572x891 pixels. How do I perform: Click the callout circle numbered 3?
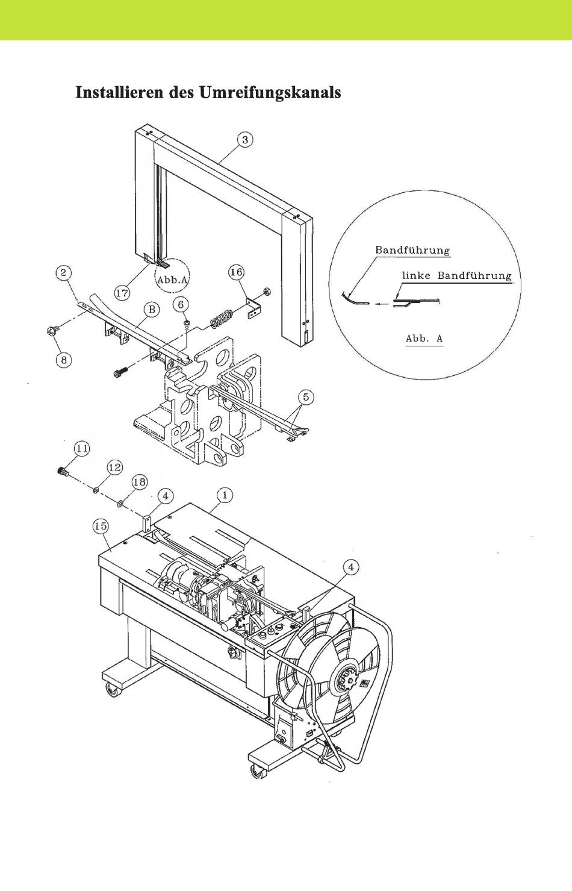tap(245, 140)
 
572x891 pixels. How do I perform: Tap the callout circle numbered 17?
tap(122, 293)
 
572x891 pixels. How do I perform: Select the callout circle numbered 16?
tap(236, 272)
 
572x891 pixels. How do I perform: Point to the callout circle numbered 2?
tap(63, 274)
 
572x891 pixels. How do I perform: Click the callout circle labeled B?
tap(152, 310)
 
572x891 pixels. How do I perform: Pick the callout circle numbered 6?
tap(181, 305)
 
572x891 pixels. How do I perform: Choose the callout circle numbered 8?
tap(64, 360)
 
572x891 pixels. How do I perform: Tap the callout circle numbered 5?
tap(306, 397)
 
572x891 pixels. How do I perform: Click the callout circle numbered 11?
tap(82, 449)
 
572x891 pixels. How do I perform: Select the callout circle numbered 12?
tap(114, 467)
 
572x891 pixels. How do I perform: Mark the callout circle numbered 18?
tap(140, 482)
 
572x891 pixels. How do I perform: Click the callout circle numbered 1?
tap(225, 496)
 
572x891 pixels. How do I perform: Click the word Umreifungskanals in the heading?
tap(270, 93)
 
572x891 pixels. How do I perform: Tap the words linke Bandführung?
tap(457, 276)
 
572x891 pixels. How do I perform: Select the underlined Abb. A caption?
tap(424, 339)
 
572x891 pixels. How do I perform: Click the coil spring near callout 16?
tap(220, 318)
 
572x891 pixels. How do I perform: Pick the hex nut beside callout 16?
tap(267, 292)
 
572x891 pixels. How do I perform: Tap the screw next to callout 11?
tap(63, 471)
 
